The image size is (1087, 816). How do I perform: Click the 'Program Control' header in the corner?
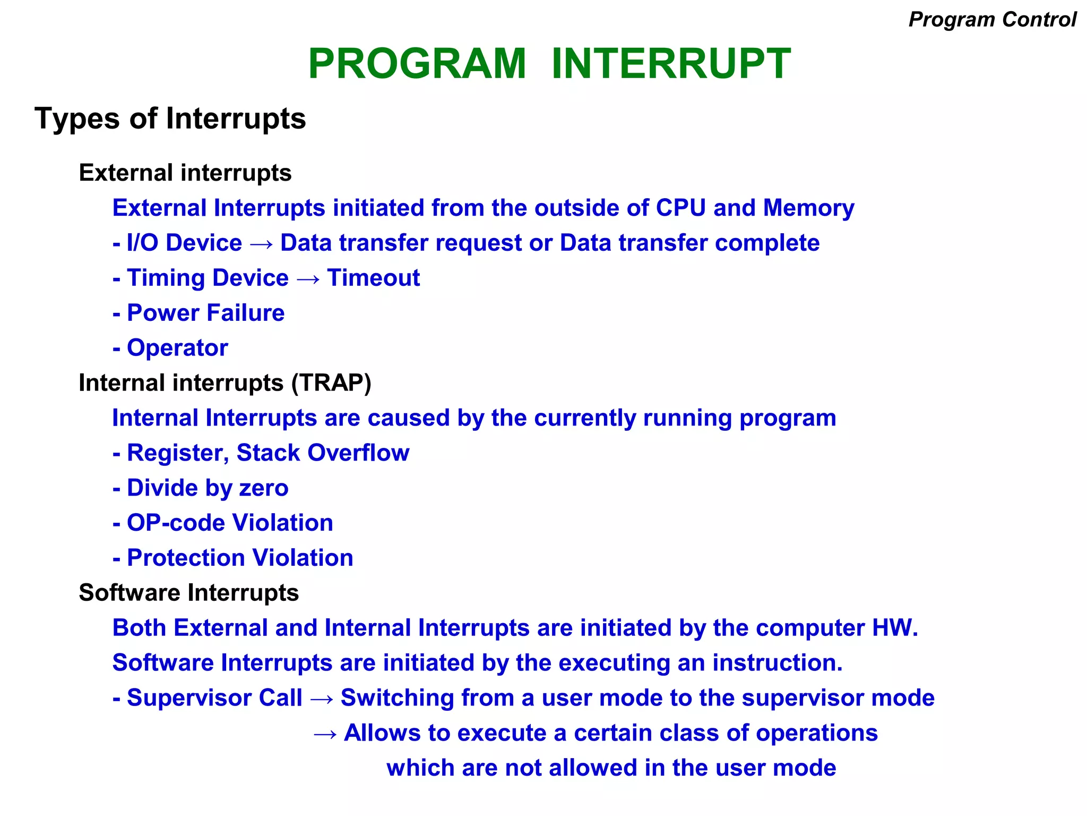point(992,20)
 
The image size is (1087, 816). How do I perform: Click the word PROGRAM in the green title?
point(417,64)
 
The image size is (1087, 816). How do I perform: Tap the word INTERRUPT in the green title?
point(671,64)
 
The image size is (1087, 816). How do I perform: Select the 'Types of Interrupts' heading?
point(170,118)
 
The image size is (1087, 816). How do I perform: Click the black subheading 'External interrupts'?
point(185,173)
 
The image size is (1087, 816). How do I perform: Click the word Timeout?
point(373,278)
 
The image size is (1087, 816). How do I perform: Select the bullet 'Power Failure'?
point(205,313)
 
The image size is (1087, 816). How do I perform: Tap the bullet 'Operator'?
point(177,348)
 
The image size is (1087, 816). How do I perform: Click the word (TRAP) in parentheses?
point(331,382)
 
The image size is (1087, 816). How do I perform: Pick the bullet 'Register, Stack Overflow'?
point(268,453)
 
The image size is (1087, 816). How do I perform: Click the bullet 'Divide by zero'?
point(207,488)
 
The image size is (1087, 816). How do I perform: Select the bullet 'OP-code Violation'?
point(229,523)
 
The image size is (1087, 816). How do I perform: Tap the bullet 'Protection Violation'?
point(239,558)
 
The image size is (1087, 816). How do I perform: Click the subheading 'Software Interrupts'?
point(188,592)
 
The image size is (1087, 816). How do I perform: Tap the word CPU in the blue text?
point(680,208)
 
